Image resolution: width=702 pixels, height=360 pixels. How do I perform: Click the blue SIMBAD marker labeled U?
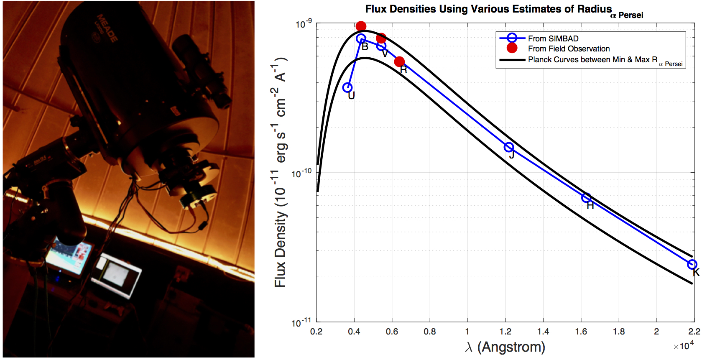347,88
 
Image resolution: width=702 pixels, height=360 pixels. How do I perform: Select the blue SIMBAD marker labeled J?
509,147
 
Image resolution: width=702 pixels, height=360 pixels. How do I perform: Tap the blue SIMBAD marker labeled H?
587,198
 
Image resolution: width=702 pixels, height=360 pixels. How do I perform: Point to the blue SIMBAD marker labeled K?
692,264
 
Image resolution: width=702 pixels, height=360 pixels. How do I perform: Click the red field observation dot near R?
399,62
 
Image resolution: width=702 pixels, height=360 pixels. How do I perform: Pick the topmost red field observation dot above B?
361,27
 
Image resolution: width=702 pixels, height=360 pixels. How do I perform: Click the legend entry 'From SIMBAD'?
553,38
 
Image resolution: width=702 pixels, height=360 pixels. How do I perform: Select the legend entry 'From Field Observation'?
569,49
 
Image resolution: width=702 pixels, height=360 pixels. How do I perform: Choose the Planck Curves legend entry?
592,60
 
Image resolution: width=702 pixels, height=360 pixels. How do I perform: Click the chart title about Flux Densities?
488,9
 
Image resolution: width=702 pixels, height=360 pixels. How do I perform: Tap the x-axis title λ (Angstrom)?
505,347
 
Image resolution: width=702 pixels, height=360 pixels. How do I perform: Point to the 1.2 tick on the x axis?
505,332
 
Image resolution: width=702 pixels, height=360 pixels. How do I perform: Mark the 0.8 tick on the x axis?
430,332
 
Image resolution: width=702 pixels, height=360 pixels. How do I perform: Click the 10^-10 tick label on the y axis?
301,173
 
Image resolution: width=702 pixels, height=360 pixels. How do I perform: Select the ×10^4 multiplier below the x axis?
684,345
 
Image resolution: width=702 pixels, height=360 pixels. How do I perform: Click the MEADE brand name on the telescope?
107,28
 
